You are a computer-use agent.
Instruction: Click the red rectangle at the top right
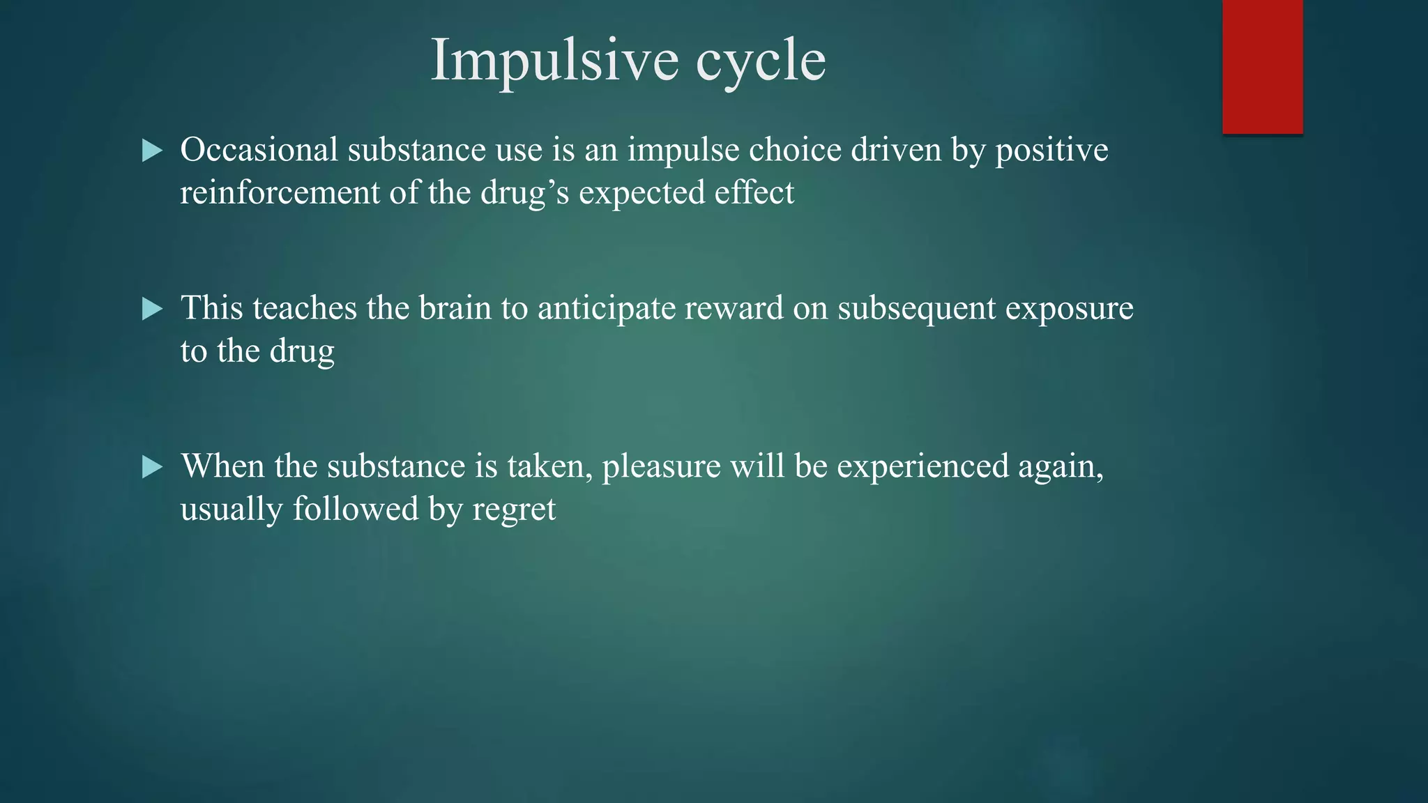pyautogui.click(x=1262, y=66)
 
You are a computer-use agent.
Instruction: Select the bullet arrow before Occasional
pyautogui.click(x=152, y=151)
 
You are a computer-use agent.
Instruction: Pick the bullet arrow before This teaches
pyautogui.click(x=152, y=309)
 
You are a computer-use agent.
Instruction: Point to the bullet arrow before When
pyautogui.click(x=152, y=467)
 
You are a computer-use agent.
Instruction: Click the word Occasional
pyautogui.click(x=259, y=150)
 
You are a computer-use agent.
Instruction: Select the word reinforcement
pyautogui.click(x=279, y=193)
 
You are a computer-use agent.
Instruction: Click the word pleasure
pyautogui.click(x=661, y=467)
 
